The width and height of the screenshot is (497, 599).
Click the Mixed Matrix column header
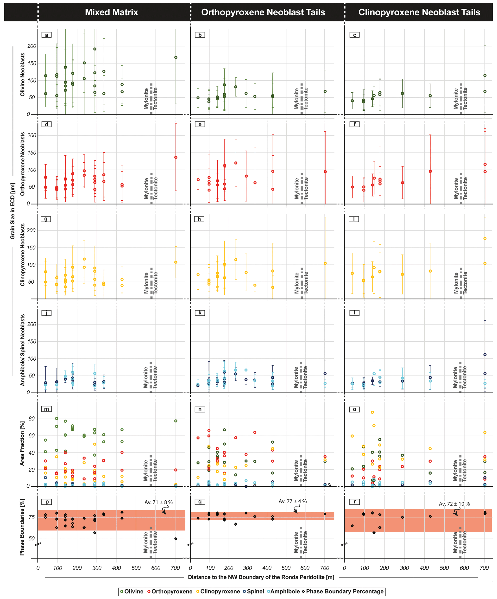point(112,12)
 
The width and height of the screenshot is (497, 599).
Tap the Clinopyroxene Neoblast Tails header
point(419,12)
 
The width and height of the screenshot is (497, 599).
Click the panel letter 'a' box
point(46,35)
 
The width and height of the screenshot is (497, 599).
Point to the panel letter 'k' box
point(200,313)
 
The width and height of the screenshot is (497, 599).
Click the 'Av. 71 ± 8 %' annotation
point(158,502)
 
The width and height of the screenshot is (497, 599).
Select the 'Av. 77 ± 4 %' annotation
point(293,501)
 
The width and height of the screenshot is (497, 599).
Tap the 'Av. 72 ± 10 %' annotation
point(454,504)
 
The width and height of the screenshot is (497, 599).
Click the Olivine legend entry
point(132,591)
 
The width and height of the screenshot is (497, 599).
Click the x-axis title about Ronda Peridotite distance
point(261,577)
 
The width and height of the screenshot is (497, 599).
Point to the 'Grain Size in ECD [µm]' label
point(13,211)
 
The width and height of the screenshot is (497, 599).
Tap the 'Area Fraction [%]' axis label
point(22,444)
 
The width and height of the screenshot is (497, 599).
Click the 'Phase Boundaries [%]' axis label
point(22,527)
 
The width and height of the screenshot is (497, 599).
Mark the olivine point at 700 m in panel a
point(176,57)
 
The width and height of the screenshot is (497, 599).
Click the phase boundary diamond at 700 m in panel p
point(176,539)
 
